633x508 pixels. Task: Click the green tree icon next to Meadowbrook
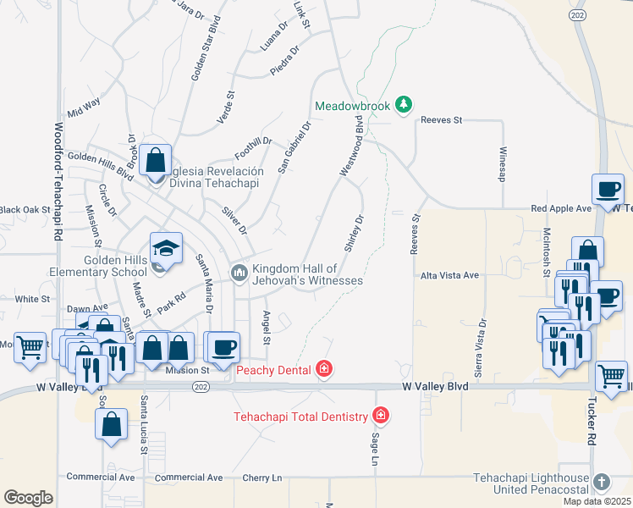[x=405, y=105]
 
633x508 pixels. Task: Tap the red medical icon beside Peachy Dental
[x=323, y=369]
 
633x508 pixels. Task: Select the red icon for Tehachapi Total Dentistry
[x=382, y=416]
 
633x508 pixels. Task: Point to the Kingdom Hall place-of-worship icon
[x=239, y=273]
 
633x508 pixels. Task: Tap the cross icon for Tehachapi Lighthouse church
[x=601, y=482]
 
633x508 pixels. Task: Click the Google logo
[x=28, y=498]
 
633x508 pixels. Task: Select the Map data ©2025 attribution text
[x=597, y=501]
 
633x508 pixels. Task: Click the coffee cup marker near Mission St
[x=223, y=347]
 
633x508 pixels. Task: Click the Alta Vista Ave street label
[x=449, y=275]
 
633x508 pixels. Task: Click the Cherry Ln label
[x=255, y=478]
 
